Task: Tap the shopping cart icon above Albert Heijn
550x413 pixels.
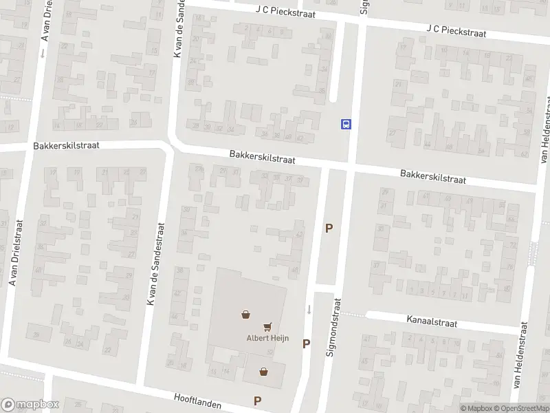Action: pos(267,326)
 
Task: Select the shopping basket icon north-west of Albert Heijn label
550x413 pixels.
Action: pos(245,315)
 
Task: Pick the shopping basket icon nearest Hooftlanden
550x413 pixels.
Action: pos(263,372)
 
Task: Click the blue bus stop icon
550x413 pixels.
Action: pos(346,124)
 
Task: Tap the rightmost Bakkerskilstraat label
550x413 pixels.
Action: pos(433,176)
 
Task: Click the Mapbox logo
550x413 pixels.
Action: pos(30,405)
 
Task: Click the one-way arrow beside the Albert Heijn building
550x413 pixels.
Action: pos(309,309)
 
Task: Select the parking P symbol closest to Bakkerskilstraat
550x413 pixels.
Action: pos(329,229)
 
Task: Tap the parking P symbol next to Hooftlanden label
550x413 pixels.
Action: pos(258,401)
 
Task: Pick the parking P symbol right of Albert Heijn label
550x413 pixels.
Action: pos(307,343)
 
